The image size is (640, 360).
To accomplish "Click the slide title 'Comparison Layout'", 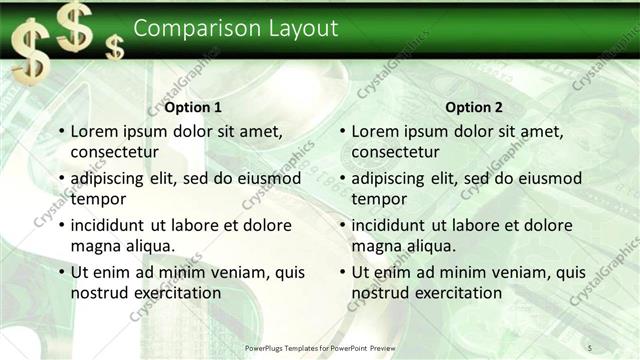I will click(235, 28).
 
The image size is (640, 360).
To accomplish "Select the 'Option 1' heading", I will click(193, 108).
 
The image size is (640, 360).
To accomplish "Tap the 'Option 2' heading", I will click(473, 108).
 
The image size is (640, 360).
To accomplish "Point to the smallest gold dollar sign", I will click(116, 46).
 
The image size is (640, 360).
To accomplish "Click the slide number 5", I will click(590, 347).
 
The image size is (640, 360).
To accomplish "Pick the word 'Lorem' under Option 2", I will click(377, 131).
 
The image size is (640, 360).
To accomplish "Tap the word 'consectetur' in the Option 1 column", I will click(115, 152).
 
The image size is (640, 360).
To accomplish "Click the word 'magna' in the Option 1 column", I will click(96, 246).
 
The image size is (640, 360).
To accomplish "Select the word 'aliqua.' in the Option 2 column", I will click(431, 246).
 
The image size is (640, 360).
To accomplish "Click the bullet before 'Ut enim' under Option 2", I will click(343, 272).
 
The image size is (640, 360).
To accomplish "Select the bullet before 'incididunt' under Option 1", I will click(62, 225).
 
